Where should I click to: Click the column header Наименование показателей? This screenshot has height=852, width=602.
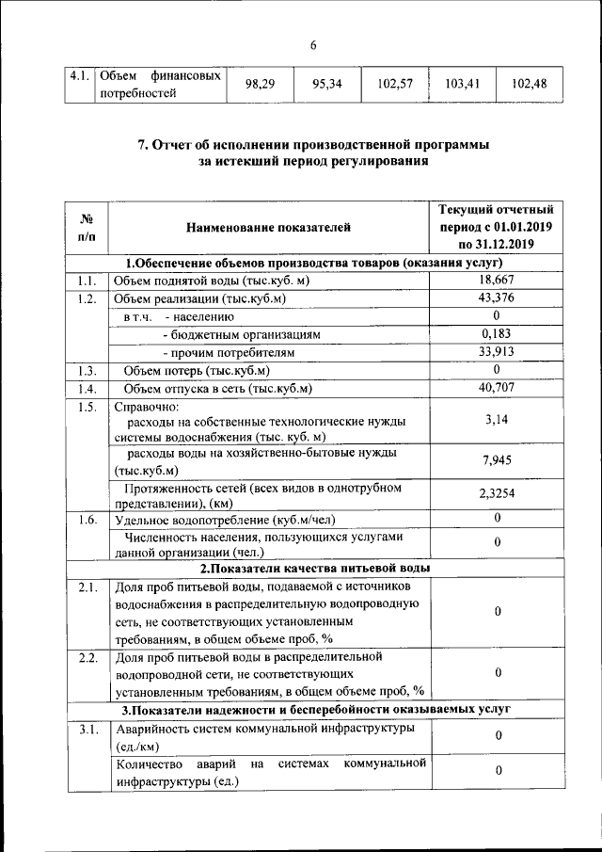click(x=267, y=227)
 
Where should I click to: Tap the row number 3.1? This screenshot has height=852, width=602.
click(x=87, y=730)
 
